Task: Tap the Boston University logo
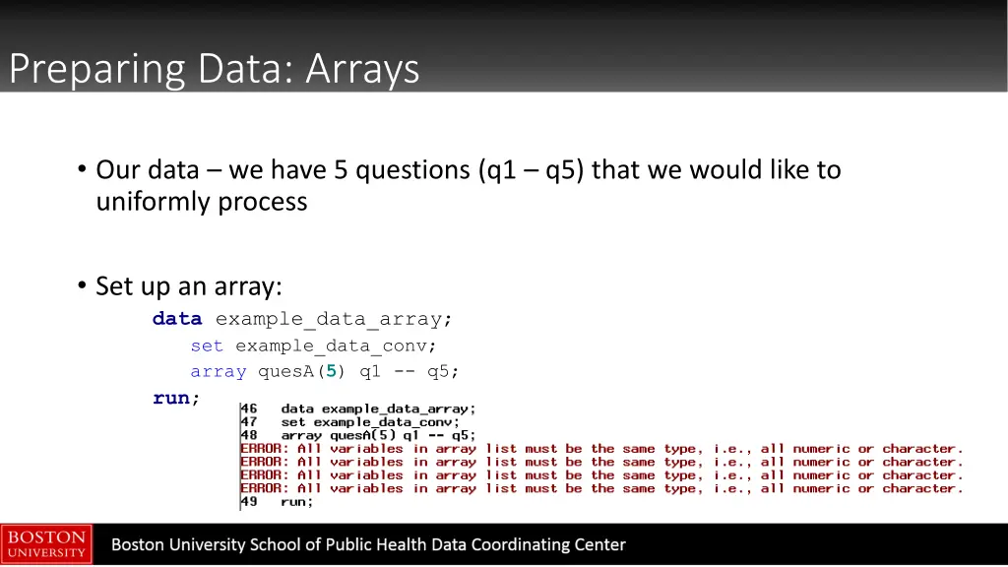coord(46,544)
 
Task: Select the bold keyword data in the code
coord(177,319)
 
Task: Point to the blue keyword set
coord(207,346)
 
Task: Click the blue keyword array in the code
coord(219,371)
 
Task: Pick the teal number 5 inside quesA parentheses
coord(332,371)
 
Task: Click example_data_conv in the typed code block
coord(335,346)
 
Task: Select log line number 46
coord(249,409)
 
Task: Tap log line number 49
coord(249,501)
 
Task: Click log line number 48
coord(249,435)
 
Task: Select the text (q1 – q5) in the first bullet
coord(531,170)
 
